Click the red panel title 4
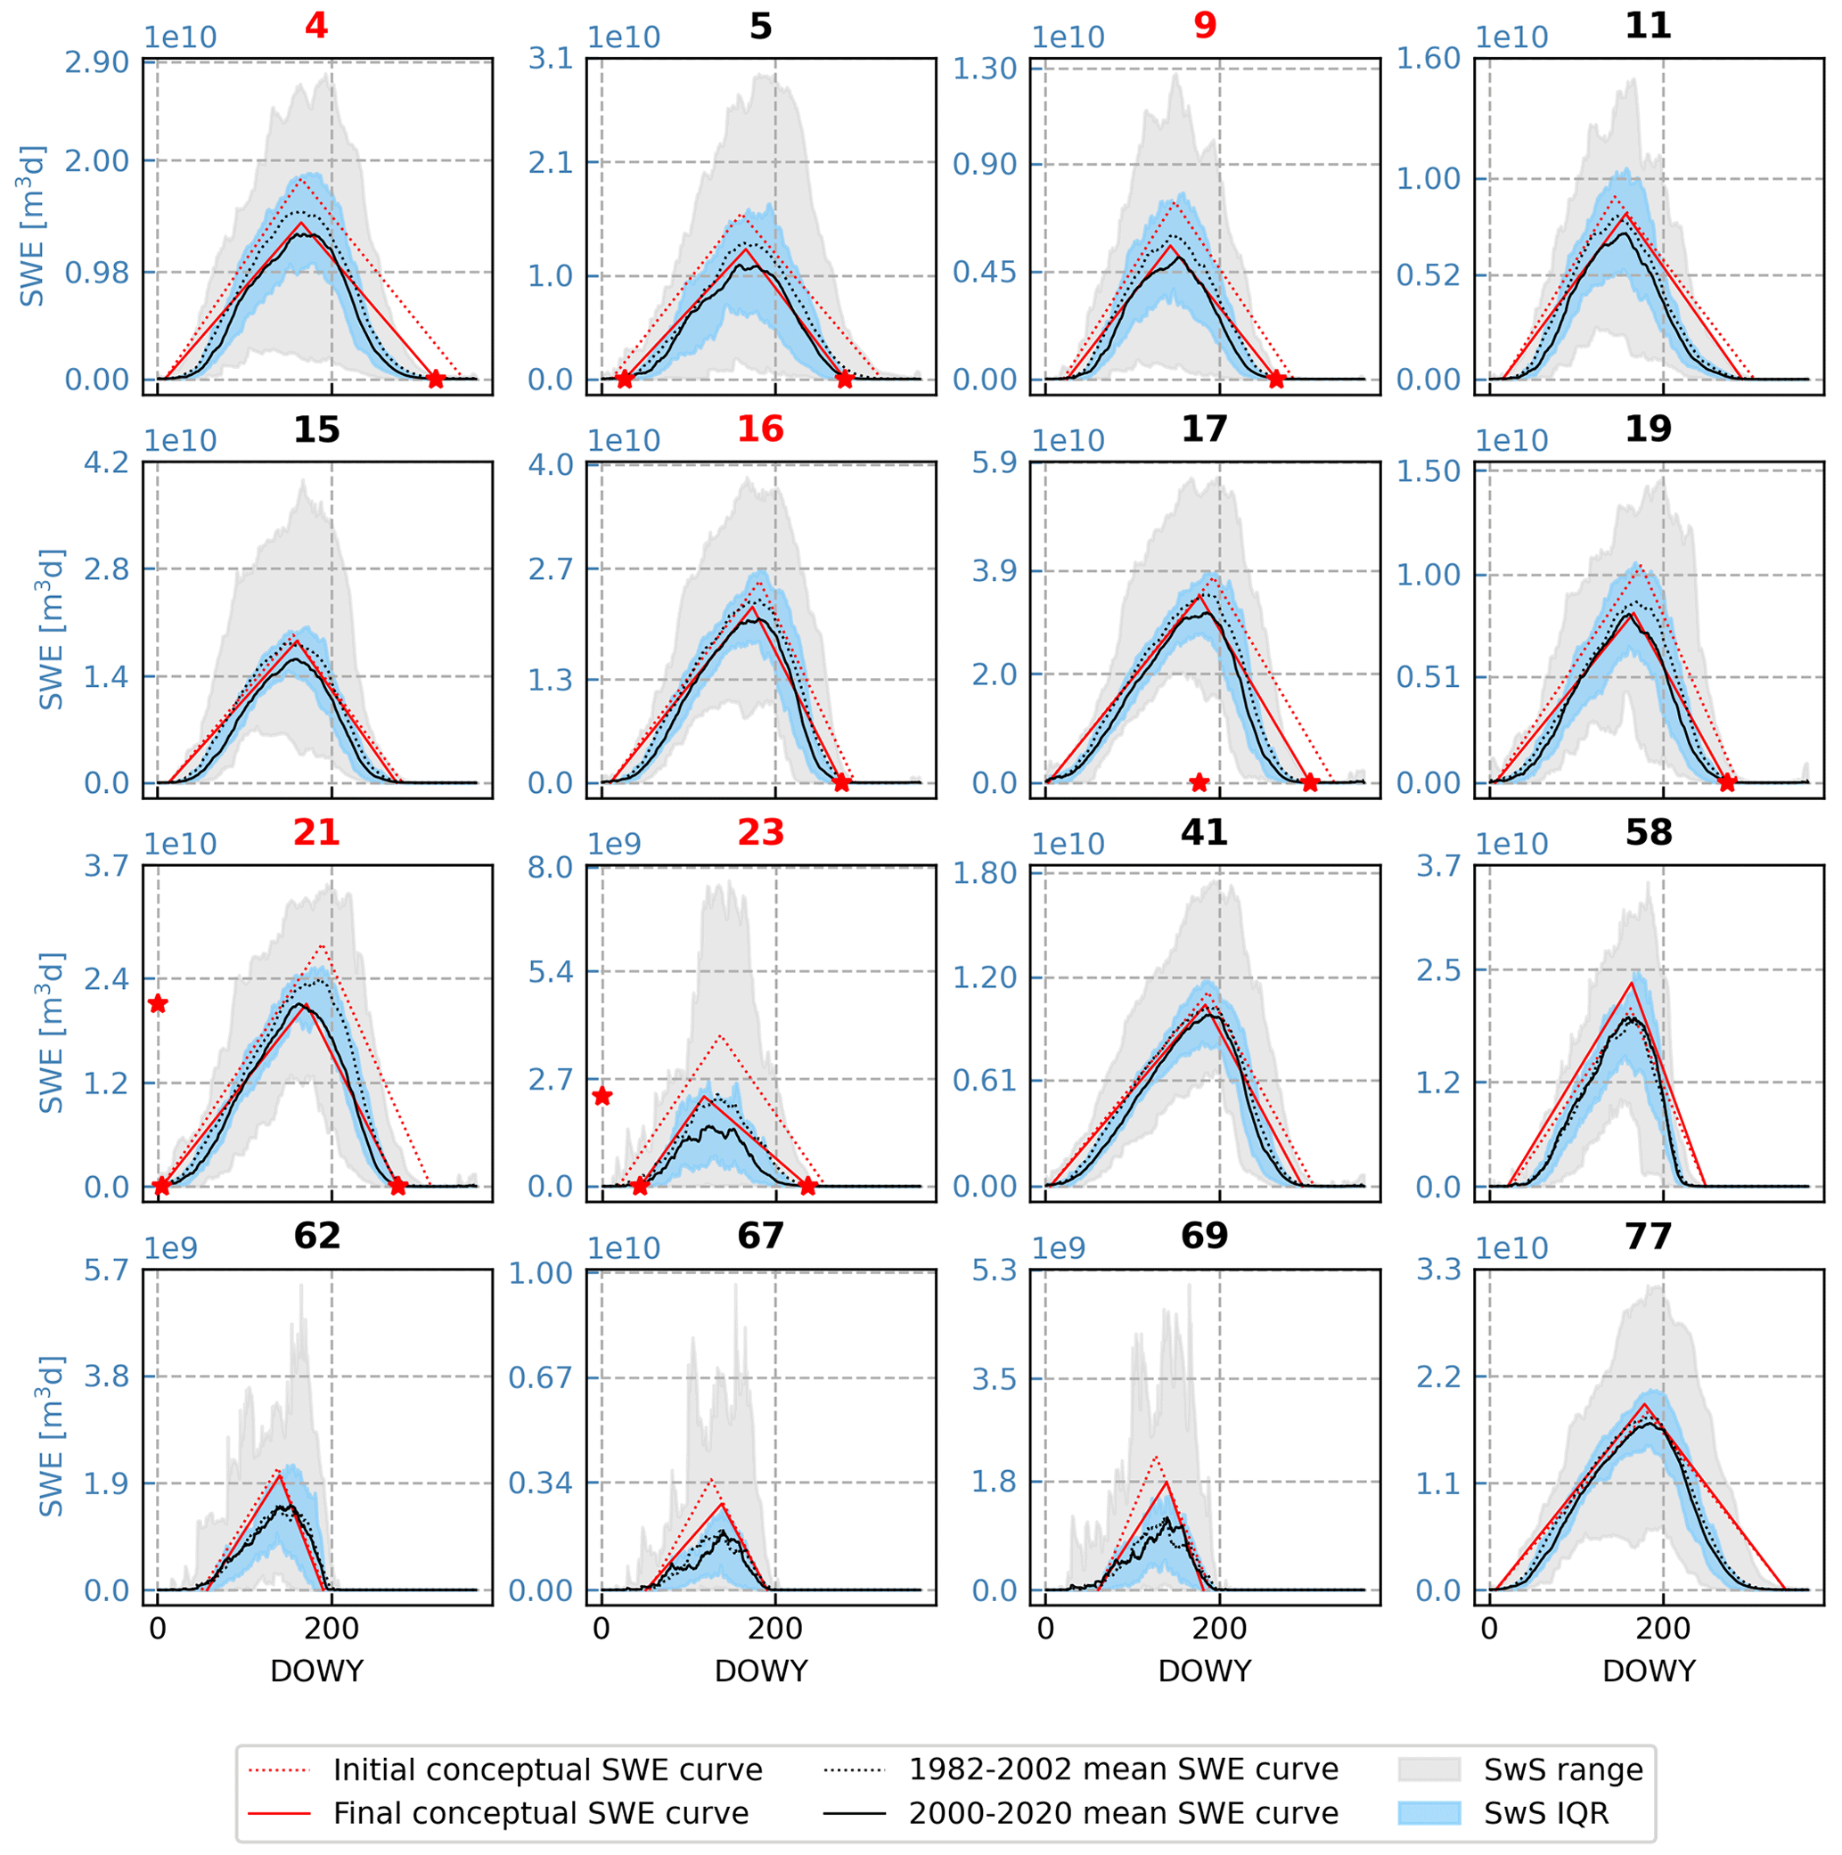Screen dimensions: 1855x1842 316,25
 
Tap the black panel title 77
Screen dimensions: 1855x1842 1648,1236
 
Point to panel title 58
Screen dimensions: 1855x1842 1648,832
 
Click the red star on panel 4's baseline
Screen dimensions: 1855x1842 435,380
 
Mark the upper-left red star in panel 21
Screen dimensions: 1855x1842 159,1004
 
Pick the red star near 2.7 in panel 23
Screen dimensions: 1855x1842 602,1097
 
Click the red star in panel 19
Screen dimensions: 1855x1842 1727,782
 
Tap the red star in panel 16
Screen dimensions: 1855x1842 841,782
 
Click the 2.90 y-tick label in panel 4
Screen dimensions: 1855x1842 96,62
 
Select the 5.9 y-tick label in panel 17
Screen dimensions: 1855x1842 994,462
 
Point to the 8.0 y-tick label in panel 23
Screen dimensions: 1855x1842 551,868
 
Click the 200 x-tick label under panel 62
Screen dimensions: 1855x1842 332,1629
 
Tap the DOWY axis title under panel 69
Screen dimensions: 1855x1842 1204,1671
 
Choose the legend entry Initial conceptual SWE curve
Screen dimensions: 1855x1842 547,1769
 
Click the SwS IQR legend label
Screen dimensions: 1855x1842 1545,1813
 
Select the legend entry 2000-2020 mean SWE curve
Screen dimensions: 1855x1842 1123,1813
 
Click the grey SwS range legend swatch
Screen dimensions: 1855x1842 1429,1769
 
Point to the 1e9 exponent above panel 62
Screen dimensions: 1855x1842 171,1248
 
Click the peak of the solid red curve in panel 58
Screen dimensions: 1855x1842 1632,984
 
